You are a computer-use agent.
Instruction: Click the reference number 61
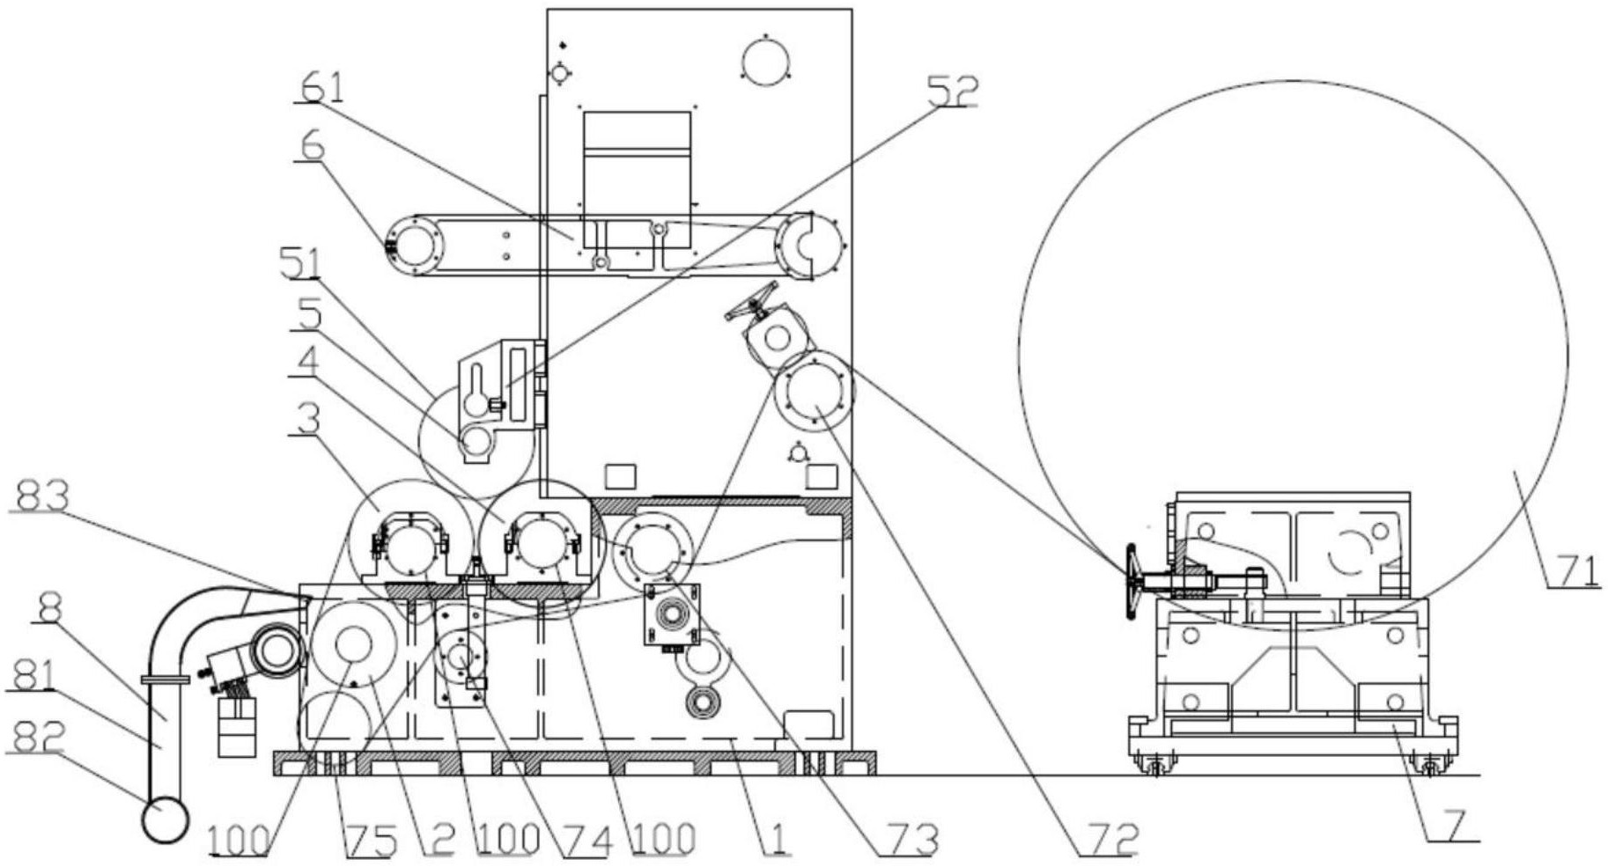[321, 87]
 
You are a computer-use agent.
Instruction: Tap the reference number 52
[951, 91]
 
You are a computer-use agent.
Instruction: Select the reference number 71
[1575, 571]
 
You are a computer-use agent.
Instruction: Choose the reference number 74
[586, 841]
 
